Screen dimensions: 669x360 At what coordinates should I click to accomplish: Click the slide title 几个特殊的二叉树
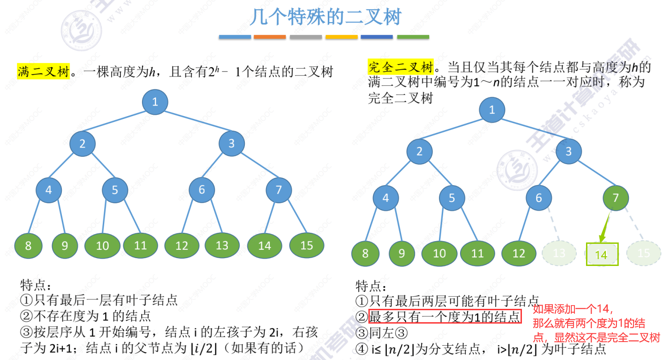[x=326, y=17]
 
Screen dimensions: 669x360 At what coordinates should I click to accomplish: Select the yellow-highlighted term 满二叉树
[x=43, y=72]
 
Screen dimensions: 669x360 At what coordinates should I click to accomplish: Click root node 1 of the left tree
[x=155, y=102]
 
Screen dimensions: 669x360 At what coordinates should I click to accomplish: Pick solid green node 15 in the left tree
[x=307, y=246]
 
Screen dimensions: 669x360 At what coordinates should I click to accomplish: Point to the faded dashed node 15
[x=644, y=253]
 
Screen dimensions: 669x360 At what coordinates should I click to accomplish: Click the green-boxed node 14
[x=602, y=254]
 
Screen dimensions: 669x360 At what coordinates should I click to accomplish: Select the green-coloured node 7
[x=616, y=198]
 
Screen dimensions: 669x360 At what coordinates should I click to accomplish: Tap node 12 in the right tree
[x=519, y=254]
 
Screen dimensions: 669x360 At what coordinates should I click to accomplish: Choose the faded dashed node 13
[x=559, y=253]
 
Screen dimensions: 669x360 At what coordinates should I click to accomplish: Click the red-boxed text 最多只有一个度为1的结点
[x=445, y=317]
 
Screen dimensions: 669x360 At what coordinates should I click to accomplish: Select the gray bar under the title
[x=306, y=37]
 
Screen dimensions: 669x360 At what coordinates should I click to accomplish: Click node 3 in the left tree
[x=231, y=143]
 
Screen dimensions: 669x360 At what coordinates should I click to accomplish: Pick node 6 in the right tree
[x=539, y=198]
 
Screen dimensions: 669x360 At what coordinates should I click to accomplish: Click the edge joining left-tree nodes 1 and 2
[x=118, y=123]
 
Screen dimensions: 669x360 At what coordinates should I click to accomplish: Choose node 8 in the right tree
[x=365, y=254]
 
